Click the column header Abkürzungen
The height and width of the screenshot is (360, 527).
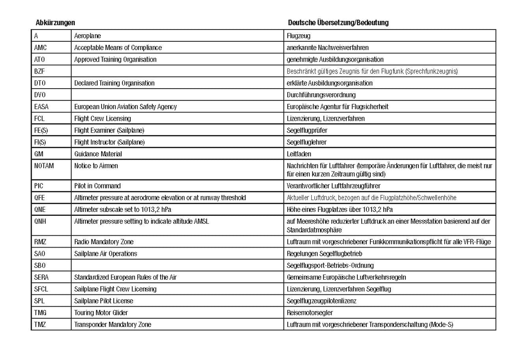click(x=55, y=22)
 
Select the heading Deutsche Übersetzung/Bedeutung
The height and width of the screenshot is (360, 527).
click(x=338, y=23)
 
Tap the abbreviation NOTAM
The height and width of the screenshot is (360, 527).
click(x=44, y=165)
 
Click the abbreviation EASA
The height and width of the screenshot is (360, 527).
click(x=41, y=106)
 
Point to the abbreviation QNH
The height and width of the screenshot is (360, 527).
click(x=40, y=221)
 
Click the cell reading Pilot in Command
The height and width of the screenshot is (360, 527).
click(x=97, y=186)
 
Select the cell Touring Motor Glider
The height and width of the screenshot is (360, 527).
click(x=101, y=312)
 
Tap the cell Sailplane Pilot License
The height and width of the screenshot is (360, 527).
click(x=103, y=301)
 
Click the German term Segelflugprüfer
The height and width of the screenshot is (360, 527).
click(x=307, y=130)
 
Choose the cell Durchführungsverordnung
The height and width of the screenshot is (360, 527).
click(x=321, y=95)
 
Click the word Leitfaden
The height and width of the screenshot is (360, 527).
click(x=299, y=154)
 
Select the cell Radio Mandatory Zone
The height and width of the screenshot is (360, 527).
click(x=104, y=241)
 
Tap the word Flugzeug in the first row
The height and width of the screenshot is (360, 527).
click(x=299, y=36)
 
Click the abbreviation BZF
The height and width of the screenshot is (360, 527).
click(x=39, y=71)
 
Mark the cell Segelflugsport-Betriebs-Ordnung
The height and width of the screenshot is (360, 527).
click(x=330, y=265)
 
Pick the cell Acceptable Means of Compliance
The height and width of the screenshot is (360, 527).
click(x=118, y=47)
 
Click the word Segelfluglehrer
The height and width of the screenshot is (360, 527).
click(x=306, y=142)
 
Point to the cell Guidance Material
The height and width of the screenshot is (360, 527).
click(x=98, y=154)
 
